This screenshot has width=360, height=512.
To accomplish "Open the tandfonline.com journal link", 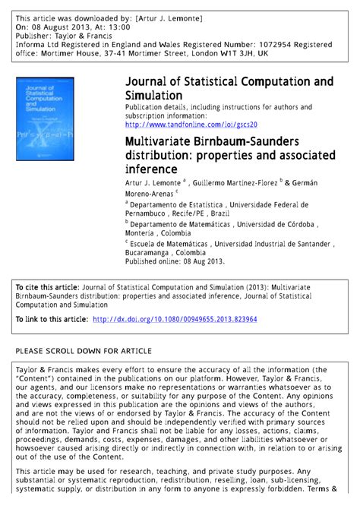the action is point(191,125).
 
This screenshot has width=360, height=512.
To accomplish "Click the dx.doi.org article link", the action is point(175,320).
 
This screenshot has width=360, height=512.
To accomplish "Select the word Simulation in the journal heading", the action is point(154,96).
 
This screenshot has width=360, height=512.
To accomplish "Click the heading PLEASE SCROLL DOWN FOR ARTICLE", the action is point(84,351).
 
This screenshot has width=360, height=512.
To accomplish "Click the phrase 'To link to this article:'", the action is point(51,320).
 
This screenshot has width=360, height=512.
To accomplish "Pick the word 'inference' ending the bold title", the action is point(151,169).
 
